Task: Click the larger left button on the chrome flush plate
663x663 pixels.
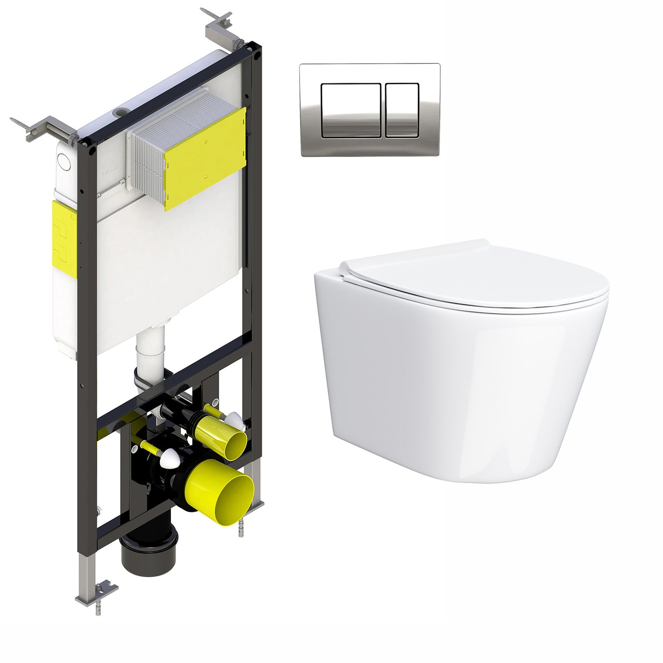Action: point(351,110)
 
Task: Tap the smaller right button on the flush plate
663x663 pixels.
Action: point(402,110)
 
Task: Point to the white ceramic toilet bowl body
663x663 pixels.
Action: point(456,385)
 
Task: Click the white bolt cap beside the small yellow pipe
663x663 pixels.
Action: point(236,419)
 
